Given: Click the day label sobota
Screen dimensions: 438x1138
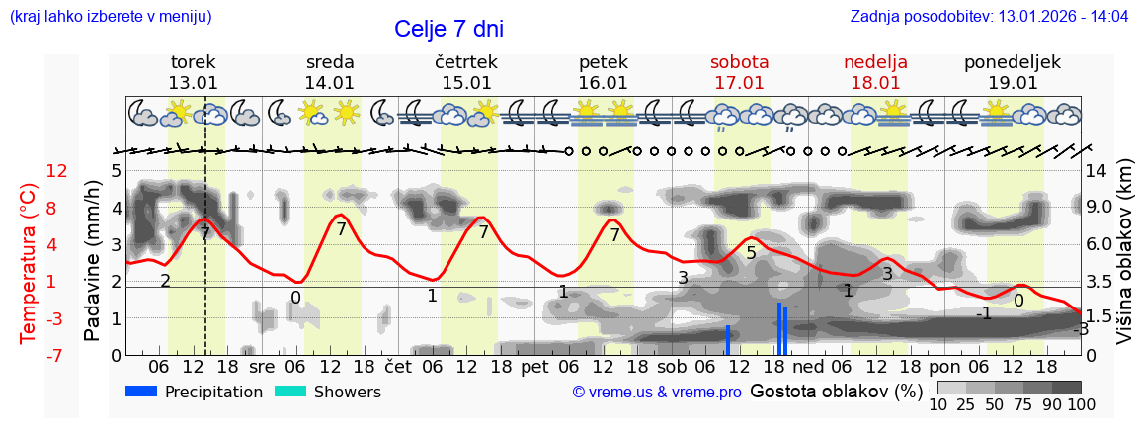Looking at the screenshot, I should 739,62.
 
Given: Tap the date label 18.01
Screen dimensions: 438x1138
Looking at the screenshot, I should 875,83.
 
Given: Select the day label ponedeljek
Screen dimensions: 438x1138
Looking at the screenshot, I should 1012,62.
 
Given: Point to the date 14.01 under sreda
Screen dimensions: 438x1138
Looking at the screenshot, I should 329,83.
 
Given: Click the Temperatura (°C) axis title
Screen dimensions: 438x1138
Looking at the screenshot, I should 28,262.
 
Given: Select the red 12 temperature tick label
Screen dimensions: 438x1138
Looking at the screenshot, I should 56,171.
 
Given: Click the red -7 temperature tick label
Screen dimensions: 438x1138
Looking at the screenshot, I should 56,355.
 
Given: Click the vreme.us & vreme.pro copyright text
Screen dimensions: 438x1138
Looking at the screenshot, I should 657,393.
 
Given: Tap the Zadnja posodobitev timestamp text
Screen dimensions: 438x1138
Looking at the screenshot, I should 989,17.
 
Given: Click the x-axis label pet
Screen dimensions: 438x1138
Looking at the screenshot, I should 534,366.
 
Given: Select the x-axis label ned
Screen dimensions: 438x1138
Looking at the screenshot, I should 808,366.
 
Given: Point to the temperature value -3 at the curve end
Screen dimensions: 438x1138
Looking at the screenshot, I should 1082,330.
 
